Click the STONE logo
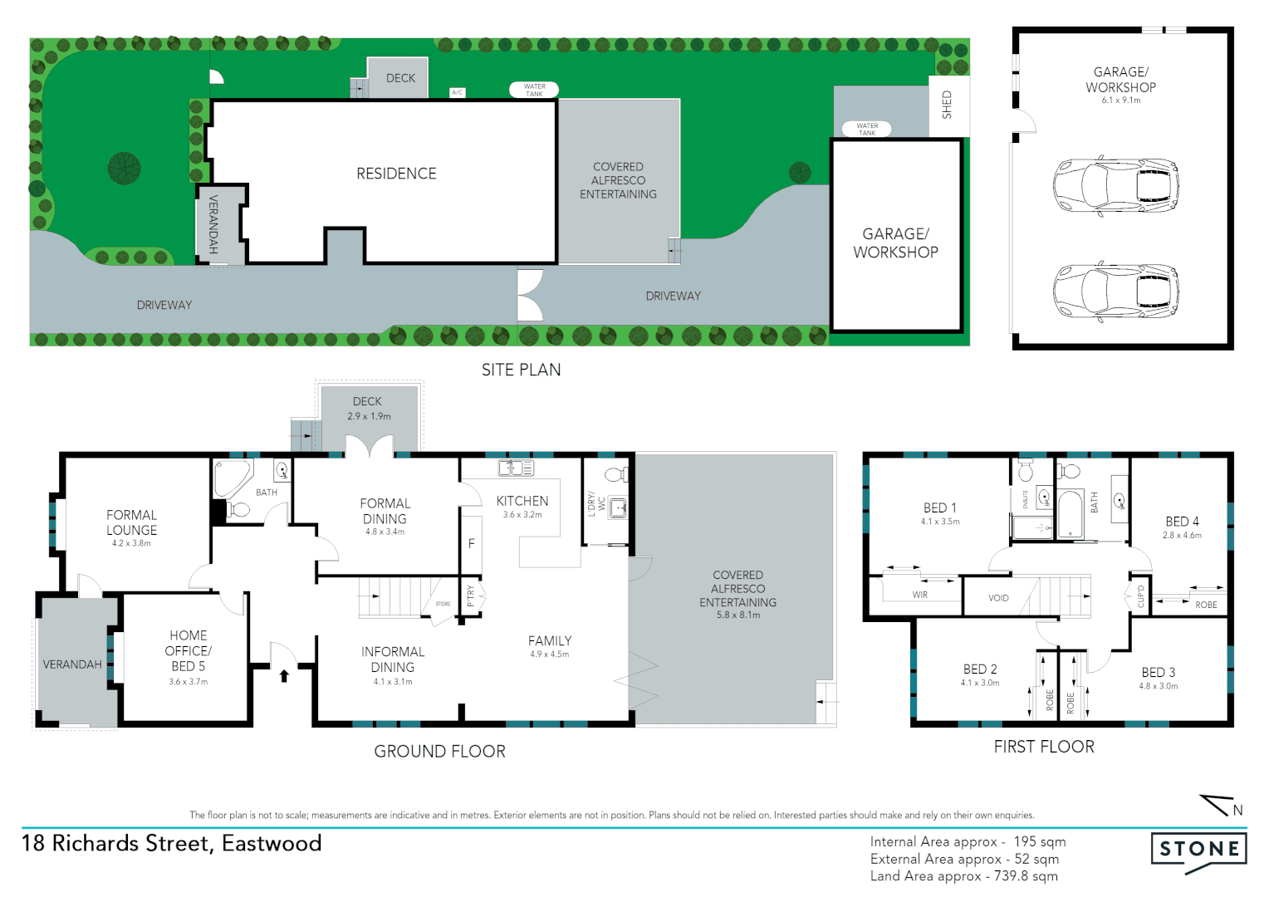click(1198, 850)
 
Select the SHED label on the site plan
click(947, 105)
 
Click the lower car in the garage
click(1115, 291)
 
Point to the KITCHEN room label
click(522, 501)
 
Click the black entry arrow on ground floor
click(284, 675)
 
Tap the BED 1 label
click(939, 507)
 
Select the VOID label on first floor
click(998, 598)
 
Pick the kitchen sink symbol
click(516, 468)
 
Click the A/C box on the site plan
click(457, 92)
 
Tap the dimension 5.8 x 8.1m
click(737, 615)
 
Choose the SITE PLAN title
click(521, 370)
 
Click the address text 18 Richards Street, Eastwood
click(171, 843)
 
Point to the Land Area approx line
click(963, 876)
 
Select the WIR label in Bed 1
click(919, 595)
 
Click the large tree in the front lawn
click(124, 169)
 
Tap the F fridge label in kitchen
click(471, 544)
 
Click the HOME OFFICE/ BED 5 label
click(188, 650)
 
